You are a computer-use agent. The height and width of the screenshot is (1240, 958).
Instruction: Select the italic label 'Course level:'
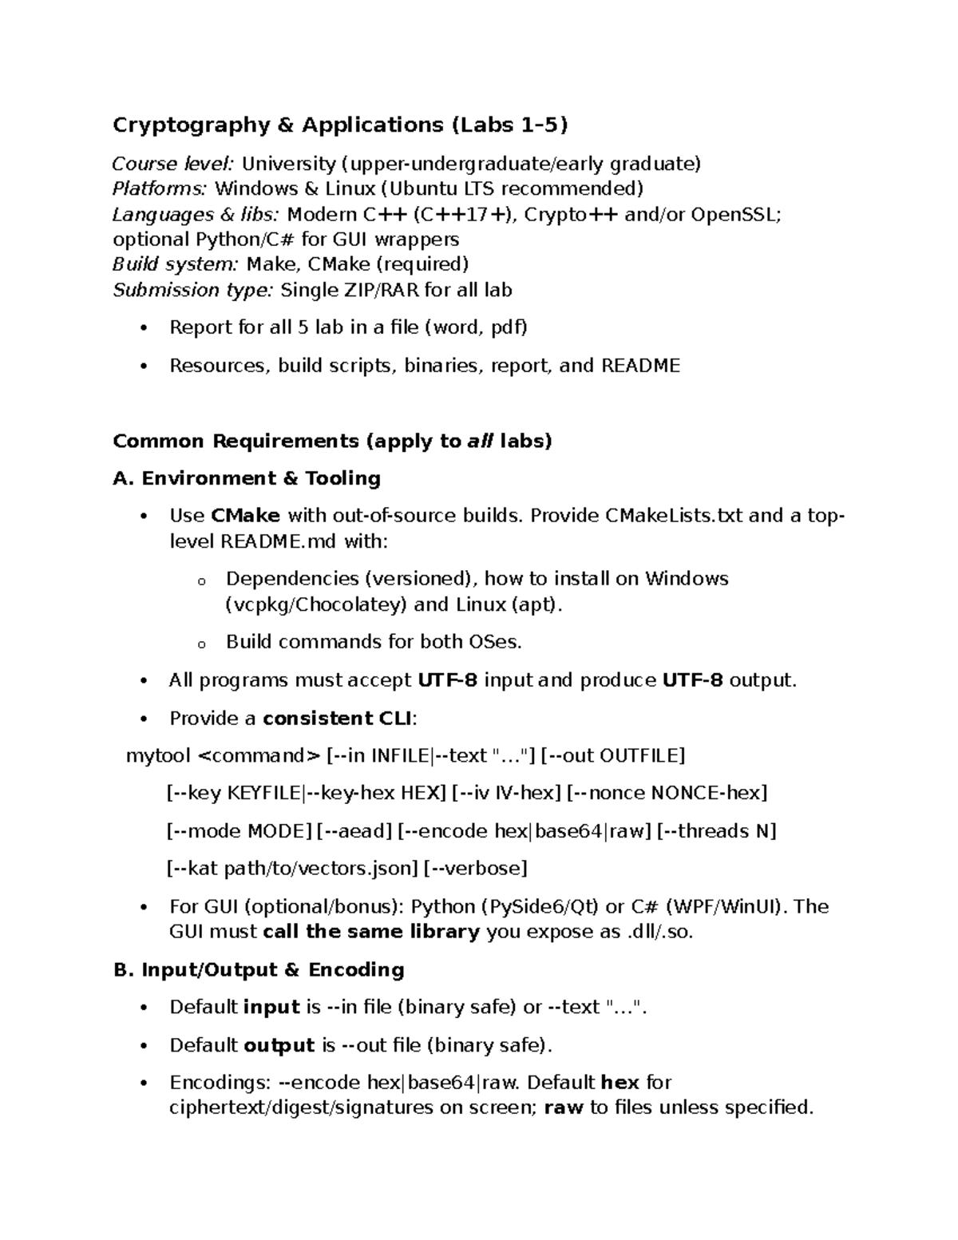point(172,164)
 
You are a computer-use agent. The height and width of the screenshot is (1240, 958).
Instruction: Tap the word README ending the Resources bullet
point(640,366)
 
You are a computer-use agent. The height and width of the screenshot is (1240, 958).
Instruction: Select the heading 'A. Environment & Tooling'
point(247,478)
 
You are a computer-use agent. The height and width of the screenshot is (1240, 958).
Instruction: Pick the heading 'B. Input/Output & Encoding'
point(259,970)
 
